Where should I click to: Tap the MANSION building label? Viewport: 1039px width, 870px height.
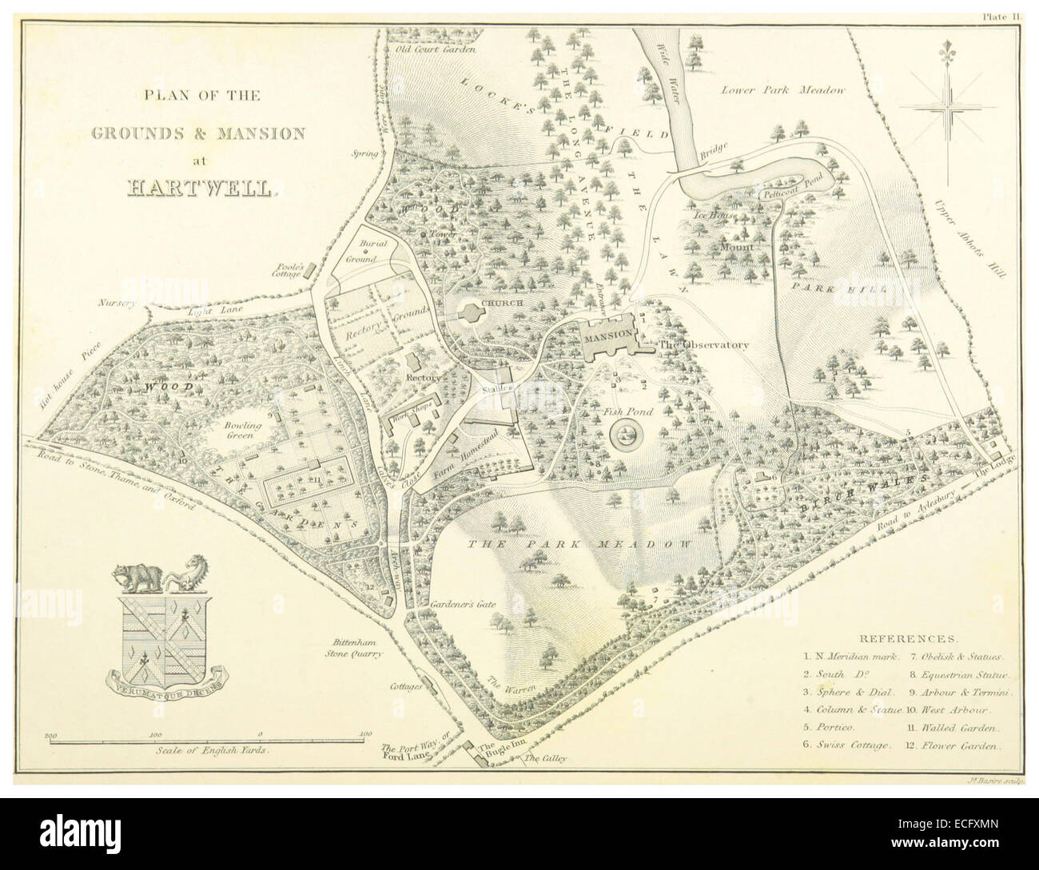coord(609,337)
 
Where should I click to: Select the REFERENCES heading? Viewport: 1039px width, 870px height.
coord(906,639)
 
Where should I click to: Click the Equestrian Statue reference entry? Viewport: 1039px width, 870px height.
coord(956,674)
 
